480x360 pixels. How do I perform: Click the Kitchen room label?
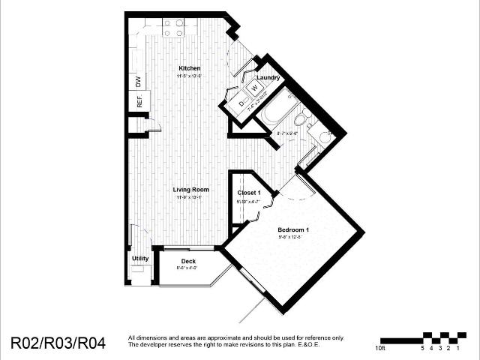(x=189, y=68)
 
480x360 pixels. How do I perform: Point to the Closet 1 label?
(x=250, y=193)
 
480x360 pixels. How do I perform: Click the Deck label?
(x=188, y=261)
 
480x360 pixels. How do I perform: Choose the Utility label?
(x=140, y=259)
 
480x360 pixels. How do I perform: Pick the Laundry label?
(x=268, y=77)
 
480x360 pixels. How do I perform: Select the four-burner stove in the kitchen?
(x=174, y=28)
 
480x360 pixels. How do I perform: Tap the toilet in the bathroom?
(x=301, y=119)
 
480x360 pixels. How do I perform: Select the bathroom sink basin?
(x=325, y=136)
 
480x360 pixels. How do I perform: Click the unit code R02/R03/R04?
(x=58, y=343)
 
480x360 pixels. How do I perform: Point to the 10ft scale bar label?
(x=382, y=348)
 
